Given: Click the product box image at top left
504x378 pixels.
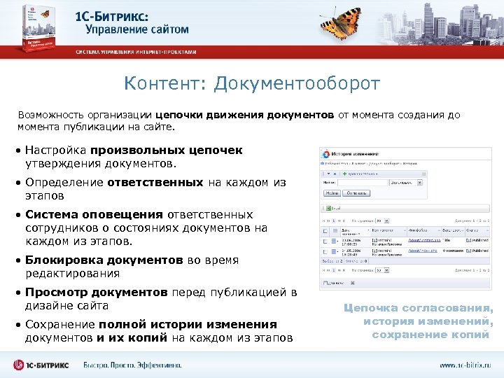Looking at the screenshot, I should coord(34,27).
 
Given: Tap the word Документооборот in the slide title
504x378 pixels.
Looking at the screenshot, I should coord(297,84).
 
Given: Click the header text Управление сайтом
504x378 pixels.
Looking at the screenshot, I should coord(137,30).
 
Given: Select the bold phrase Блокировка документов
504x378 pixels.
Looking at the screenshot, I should coord(104,260).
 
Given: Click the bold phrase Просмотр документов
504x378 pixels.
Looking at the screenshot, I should coord(96,293).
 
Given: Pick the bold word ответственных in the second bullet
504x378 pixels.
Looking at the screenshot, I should coord(155,183).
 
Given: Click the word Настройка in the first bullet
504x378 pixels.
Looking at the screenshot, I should coord(55,150).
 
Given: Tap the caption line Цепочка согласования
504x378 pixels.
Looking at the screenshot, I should coord(419,309).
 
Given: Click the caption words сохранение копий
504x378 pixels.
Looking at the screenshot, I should coord(430,335).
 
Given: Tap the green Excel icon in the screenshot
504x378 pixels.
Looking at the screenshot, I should coord(325,208).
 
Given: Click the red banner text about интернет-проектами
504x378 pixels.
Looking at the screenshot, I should coord(136,52).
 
